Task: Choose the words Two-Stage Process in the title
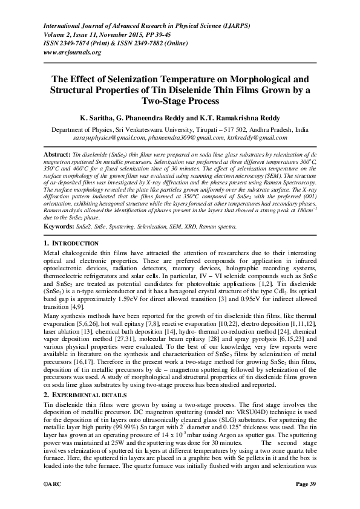tap(180, 102)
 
